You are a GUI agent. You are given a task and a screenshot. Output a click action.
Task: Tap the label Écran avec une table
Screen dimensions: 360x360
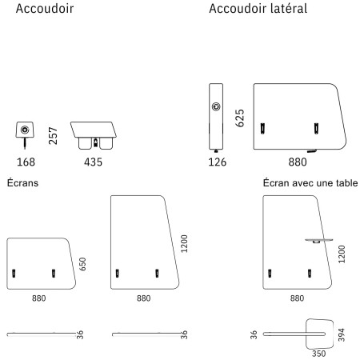pyautogui.click(x=310, y=183)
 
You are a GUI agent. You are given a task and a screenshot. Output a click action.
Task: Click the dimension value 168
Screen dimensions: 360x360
pyautogui.click(x=26, y=162)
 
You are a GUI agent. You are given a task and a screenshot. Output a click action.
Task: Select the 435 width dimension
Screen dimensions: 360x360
pyautogui.click(x=92, y=162)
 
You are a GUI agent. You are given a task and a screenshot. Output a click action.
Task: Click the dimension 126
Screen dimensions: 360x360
pyautogui.click(x=217, y=162)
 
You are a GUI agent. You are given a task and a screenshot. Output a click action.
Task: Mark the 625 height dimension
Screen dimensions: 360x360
pyautogui.click(x=239, y=118)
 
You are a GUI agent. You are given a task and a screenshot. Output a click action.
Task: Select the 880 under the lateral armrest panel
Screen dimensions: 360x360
pyautogui.click(x=298, y=162)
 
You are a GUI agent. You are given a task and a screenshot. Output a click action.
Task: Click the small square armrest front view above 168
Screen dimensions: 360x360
pyautogui.click(x=26, y=131)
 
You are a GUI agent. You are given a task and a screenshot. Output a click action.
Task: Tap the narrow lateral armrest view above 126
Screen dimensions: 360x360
pyautogui.click(x=217, y=115)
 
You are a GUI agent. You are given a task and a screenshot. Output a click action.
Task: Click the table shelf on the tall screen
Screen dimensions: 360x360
pyautogui.click(x=318, y=239)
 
